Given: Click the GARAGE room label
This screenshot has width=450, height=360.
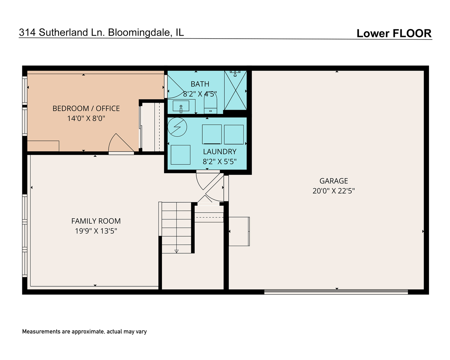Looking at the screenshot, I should [x=333, y=181].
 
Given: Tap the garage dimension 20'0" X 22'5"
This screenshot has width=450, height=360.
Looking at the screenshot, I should [x=333, y=191].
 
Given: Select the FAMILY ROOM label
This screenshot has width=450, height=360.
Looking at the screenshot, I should [x=96, y=221].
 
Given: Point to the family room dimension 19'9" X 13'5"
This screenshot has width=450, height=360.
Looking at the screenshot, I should [x=96, y=231].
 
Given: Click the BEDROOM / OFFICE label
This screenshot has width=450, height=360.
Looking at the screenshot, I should [x=86, y=108].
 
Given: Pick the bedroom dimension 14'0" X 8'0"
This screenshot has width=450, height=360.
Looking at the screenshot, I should [x=86, y=118].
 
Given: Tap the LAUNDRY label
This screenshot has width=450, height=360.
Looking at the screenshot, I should [x=220, y=152].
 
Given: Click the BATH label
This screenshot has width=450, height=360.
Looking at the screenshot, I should [x=200, y=84].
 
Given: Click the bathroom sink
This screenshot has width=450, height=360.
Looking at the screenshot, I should [x=181, y=106].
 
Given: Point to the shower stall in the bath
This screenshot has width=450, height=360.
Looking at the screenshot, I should [x=235, y=90].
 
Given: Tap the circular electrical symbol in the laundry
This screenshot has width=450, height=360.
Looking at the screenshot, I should [x=177, y=127].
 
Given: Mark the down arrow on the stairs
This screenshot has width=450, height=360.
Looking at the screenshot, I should [x=176, y=251].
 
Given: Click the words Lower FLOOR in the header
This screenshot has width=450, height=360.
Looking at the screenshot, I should [x=394, y=33].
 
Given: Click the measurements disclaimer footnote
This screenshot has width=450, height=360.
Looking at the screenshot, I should [x=84, y=332].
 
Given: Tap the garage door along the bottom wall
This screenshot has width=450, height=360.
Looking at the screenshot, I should [x=336, y=292].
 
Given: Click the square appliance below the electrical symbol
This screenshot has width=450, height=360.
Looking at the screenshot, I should [x=180, y=155].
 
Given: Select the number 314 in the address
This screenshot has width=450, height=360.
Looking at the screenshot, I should [x=27, y=32].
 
